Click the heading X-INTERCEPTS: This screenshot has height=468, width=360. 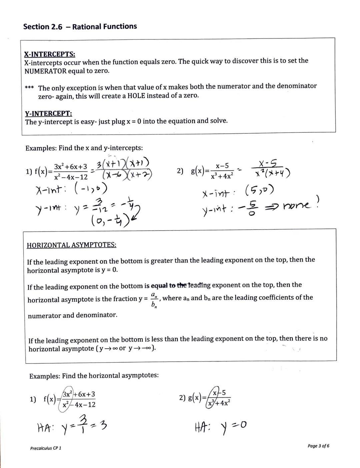(49, 54)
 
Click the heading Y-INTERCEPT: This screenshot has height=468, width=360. (48, 113)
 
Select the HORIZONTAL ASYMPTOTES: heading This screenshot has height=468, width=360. (71, 245)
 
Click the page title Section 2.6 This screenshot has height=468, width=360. (43, 27)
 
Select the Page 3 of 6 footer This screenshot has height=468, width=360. (318, 446)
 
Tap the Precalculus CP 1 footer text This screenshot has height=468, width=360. (46, 448)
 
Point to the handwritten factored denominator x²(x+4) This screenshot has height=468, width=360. (272, 173)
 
